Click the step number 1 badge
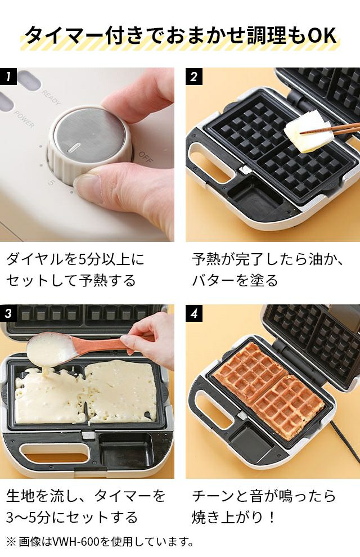pos(8,77)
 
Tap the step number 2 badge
pos(194,77)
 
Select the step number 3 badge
pos(8,313)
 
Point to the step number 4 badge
pos(194,313)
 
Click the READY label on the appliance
pos(51,97)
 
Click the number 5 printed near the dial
pos(51,183)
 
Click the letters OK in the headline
pos(322,35)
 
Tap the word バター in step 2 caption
pos(214,280)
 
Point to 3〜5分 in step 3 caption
pos(28,517)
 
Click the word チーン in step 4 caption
pos(214,496)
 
